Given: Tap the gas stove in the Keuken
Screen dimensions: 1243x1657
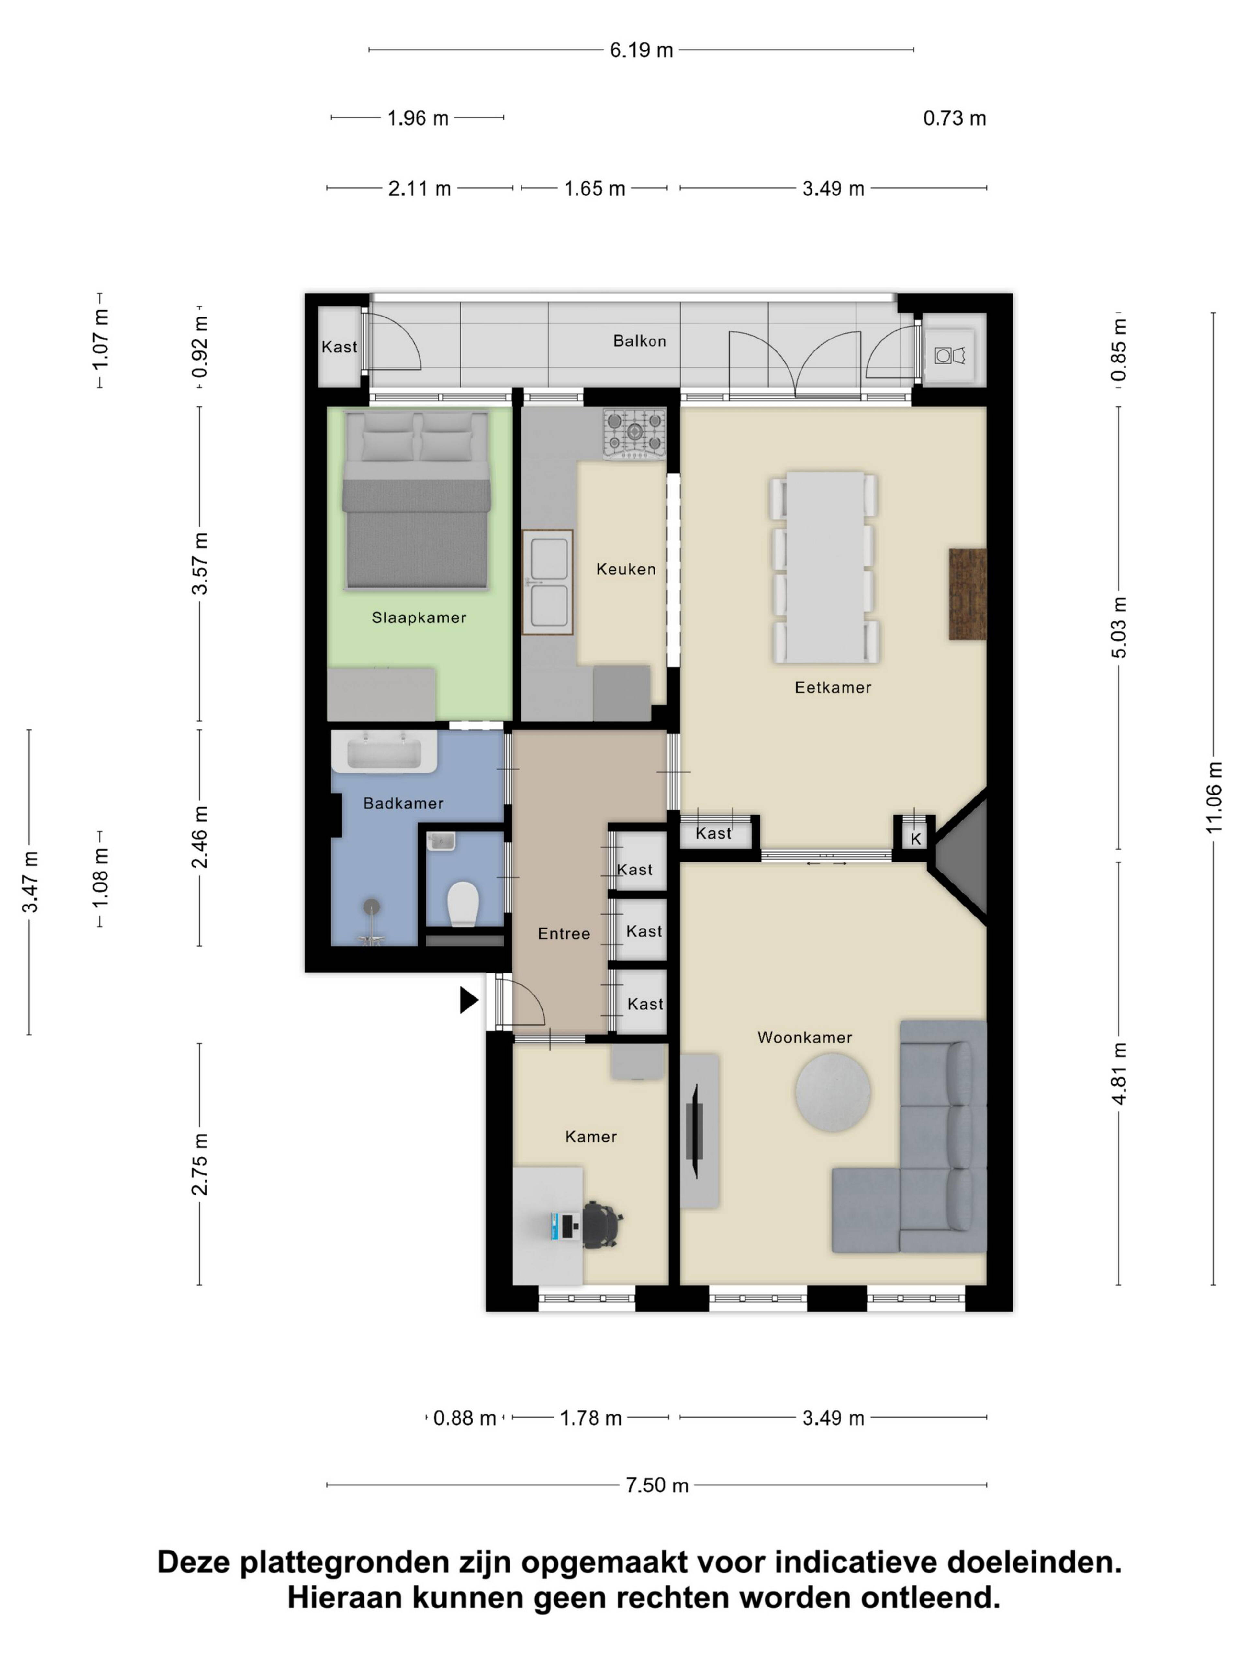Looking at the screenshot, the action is pyautogui.click(x=634, y=433).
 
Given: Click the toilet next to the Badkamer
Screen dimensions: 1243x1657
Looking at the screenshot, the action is pyautogui.click(x=463, y=903).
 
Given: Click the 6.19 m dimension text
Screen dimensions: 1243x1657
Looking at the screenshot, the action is pyautogui.click(x=641, y=50).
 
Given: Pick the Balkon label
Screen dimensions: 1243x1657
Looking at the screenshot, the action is pyautogui.click(x=639, y=341).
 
